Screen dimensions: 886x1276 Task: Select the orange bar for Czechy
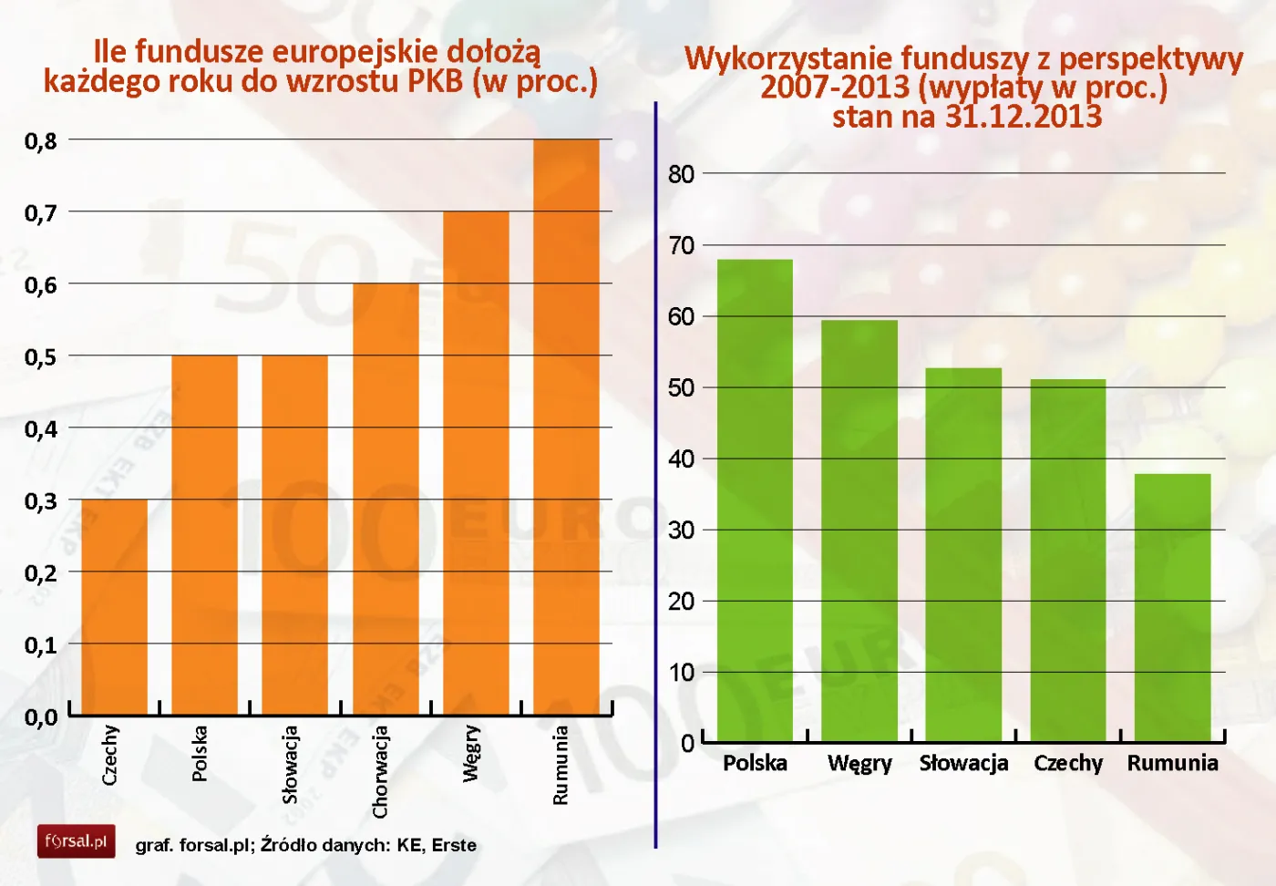pos(114,606)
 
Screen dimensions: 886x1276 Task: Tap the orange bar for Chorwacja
pos(386,499)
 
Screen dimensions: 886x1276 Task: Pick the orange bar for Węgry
pos(476,463)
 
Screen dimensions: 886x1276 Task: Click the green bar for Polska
pos(755,500)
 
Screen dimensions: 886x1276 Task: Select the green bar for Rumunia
pos(1172,607)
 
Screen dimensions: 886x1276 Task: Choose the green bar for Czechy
pos(1067,560)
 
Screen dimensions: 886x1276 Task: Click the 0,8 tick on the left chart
pos(40,141)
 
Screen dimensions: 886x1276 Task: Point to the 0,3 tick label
pos(40,501)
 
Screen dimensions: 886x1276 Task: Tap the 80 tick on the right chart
pos(681,174)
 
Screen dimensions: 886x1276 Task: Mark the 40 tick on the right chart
pos(681,459)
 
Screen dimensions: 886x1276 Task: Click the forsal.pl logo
pos(77,840)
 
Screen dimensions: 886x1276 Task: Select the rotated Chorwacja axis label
pos(380,771)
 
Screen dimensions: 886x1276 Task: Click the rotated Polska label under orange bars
pos(200,753)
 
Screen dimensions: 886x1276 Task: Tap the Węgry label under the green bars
pos(859,764)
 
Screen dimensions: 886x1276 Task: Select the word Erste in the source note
pos(454,845)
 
